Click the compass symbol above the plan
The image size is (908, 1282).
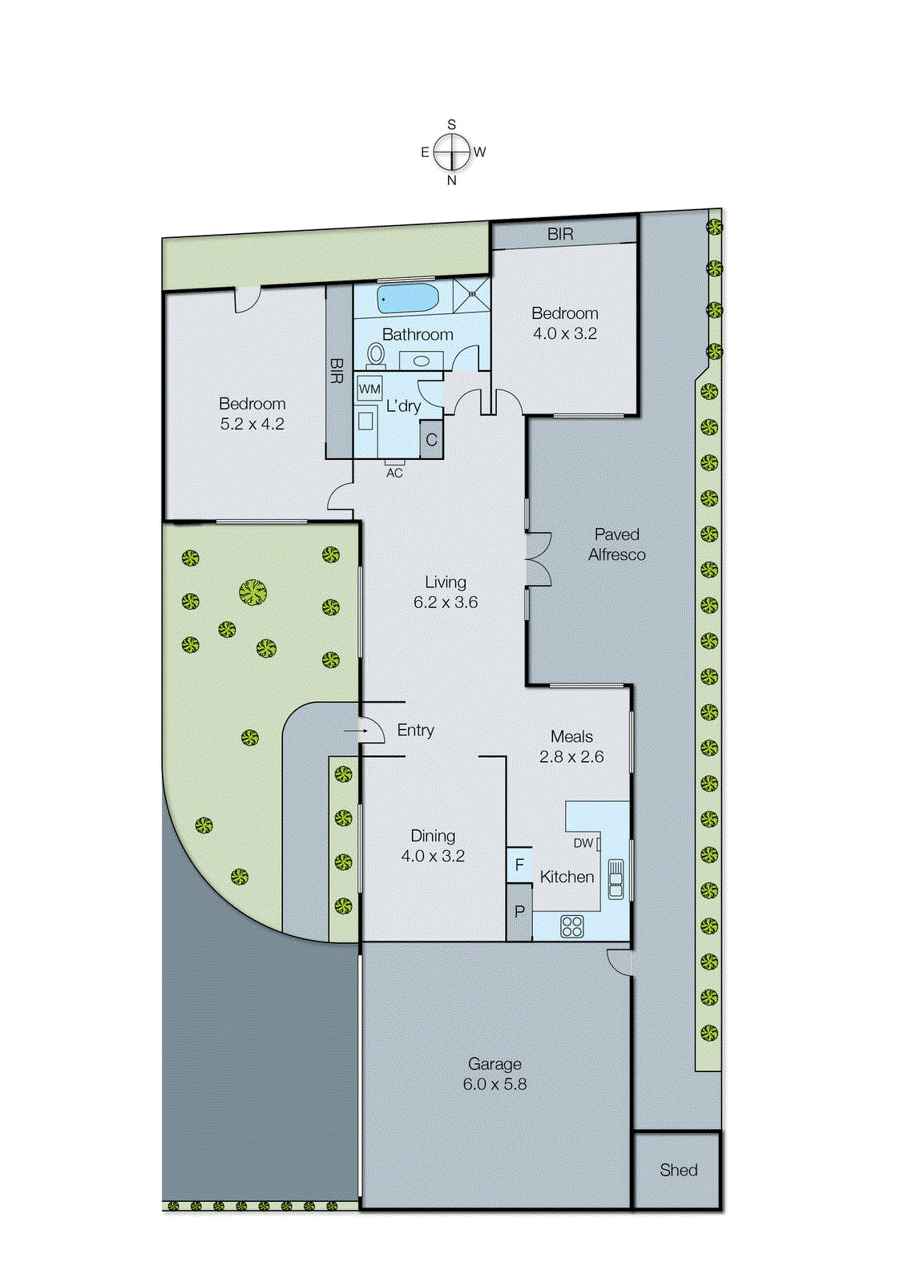[x=452, y=152]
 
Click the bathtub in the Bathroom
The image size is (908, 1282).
[x=408, y=298]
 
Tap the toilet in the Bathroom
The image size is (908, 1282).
[x=376, y=353]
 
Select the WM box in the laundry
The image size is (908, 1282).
[x=369, y=389]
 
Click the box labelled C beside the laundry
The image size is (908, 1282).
[x=431, y=440]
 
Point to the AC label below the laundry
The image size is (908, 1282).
[x=394, y=473]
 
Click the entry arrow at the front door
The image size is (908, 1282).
[x=354, y=731]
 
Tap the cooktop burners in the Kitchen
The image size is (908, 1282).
[x=572, y=926]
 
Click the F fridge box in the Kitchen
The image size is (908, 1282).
[x=519, y=865]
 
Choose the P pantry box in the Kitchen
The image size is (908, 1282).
[x=519, y=912]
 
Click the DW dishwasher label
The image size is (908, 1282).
[x=583, y=843]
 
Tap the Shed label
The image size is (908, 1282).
[x=678, y=1170]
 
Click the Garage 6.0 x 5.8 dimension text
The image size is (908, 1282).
[x=494, y=1084]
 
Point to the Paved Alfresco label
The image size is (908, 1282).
[x=616, y=544]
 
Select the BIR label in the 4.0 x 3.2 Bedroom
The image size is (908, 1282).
[x=560, y=234]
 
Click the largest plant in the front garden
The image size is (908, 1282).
[x=252, y=593]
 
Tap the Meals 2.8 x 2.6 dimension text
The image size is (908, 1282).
[x=571, y=756]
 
